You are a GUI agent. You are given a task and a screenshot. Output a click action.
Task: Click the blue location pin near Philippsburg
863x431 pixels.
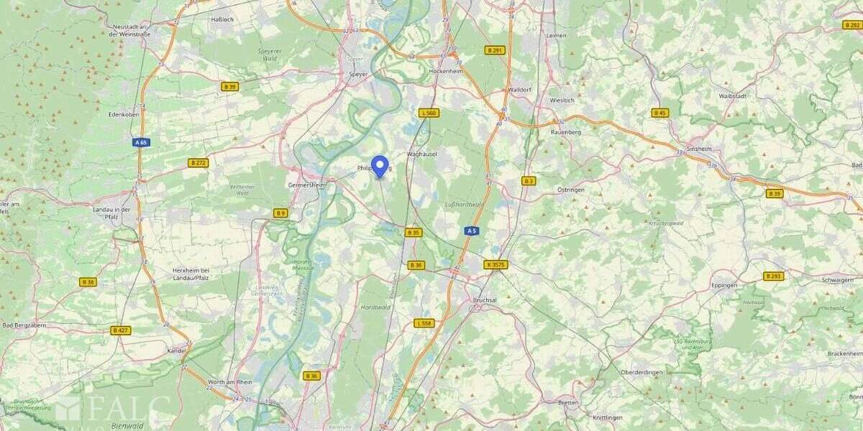point(380,166)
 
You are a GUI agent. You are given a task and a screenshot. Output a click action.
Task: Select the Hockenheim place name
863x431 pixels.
point(444,73)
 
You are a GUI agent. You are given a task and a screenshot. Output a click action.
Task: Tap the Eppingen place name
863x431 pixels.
point(724,285)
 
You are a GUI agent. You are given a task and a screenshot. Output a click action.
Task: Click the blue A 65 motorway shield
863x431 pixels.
point(141,142)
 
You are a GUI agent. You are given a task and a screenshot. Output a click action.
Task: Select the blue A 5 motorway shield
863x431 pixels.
point(471,231)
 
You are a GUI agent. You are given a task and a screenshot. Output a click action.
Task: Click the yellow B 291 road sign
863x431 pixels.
point(495,50)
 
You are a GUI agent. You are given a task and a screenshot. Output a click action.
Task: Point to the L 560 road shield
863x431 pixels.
point(429,113)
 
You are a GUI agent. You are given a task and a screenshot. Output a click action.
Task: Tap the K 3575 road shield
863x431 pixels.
point(496,264)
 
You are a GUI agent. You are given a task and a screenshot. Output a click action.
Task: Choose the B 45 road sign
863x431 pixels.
point(660,113)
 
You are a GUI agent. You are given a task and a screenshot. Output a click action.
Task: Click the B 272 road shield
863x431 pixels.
point(198,163)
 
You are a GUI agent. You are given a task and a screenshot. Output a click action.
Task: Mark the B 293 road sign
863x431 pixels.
point(774,276)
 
